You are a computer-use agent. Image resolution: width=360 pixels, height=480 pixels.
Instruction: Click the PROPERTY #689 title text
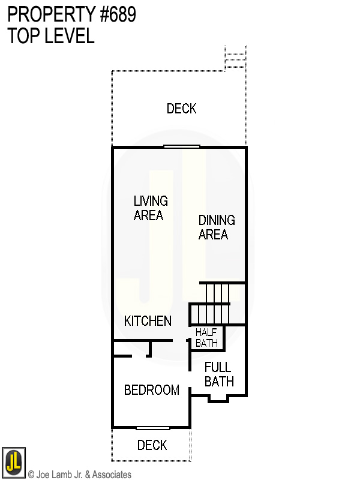click(x=71, y=15)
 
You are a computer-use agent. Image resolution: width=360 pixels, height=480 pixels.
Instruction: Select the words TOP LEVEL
click(x=51, y=36)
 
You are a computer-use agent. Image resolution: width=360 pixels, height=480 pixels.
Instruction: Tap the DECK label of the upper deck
click(x=181, y=109)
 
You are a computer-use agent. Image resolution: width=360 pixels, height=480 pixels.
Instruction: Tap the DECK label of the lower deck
click(x=152, y=445)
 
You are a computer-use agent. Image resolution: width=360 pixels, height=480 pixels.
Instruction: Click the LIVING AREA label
click(x=150, y=208)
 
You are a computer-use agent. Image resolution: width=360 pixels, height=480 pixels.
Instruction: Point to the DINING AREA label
click(x=217, y=227)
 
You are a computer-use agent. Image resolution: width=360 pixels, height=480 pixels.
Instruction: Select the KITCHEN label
click(x=148, y=321)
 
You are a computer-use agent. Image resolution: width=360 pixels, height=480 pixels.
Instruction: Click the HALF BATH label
click(x=206, y=338)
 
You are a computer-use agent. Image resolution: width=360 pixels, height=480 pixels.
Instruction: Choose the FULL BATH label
click(x=218, y=374)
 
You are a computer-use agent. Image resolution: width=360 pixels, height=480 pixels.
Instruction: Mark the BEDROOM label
click(x=151, y=390)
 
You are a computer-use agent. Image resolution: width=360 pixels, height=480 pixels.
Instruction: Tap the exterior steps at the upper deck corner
click(x=235, y=59)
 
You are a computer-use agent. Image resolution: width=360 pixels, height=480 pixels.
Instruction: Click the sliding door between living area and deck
click(x=182, y=146)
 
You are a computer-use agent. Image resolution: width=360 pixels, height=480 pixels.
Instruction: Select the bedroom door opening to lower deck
click(x=152, y=428)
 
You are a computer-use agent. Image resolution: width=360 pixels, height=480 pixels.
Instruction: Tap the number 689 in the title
click(x=119, y=15)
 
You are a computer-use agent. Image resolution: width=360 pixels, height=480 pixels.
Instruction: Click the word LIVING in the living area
click(x=151, y=201)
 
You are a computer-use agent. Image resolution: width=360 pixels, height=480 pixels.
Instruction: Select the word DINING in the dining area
click(x=217, y=220)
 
